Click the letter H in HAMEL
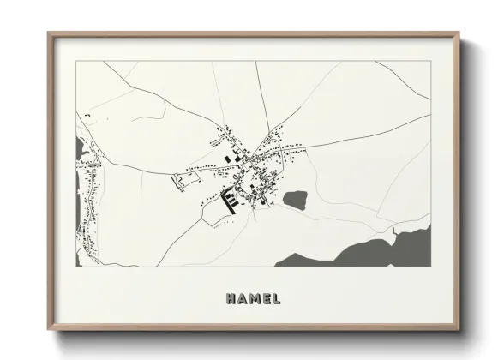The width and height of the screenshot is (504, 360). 231,300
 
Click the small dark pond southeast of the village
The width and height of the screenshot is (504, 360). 296,201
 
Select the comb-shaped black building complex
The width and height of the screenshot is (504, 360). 230,201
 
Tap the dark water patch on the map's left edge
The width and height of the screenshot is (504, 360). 81,151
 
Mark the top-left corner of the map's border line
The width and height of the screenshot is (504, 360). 77,61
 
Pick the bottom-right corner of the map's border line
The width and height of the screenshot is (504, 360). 430,267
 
